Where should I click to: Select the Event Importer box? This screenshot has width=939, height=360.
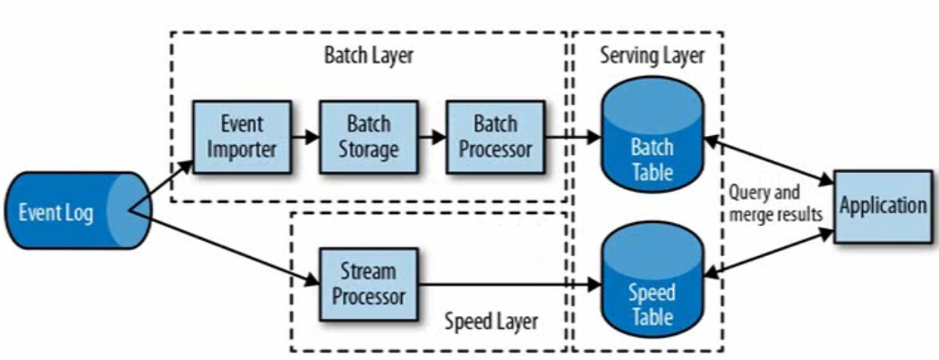point(242,136)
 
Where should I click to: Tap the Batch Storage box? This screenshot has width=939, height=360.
point(367,136)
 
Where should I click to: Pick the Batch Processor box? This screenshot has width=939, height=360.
point(495,136)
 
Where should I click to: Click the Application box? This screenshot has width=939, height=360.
point(883,206)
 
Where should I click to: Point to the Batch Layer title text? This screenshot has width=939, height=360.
point(369,56)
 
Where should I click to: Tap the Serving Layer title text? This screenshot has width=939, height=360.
point(650,56)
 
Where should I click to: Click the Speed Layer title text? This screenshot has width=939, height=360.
point(491,322)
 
